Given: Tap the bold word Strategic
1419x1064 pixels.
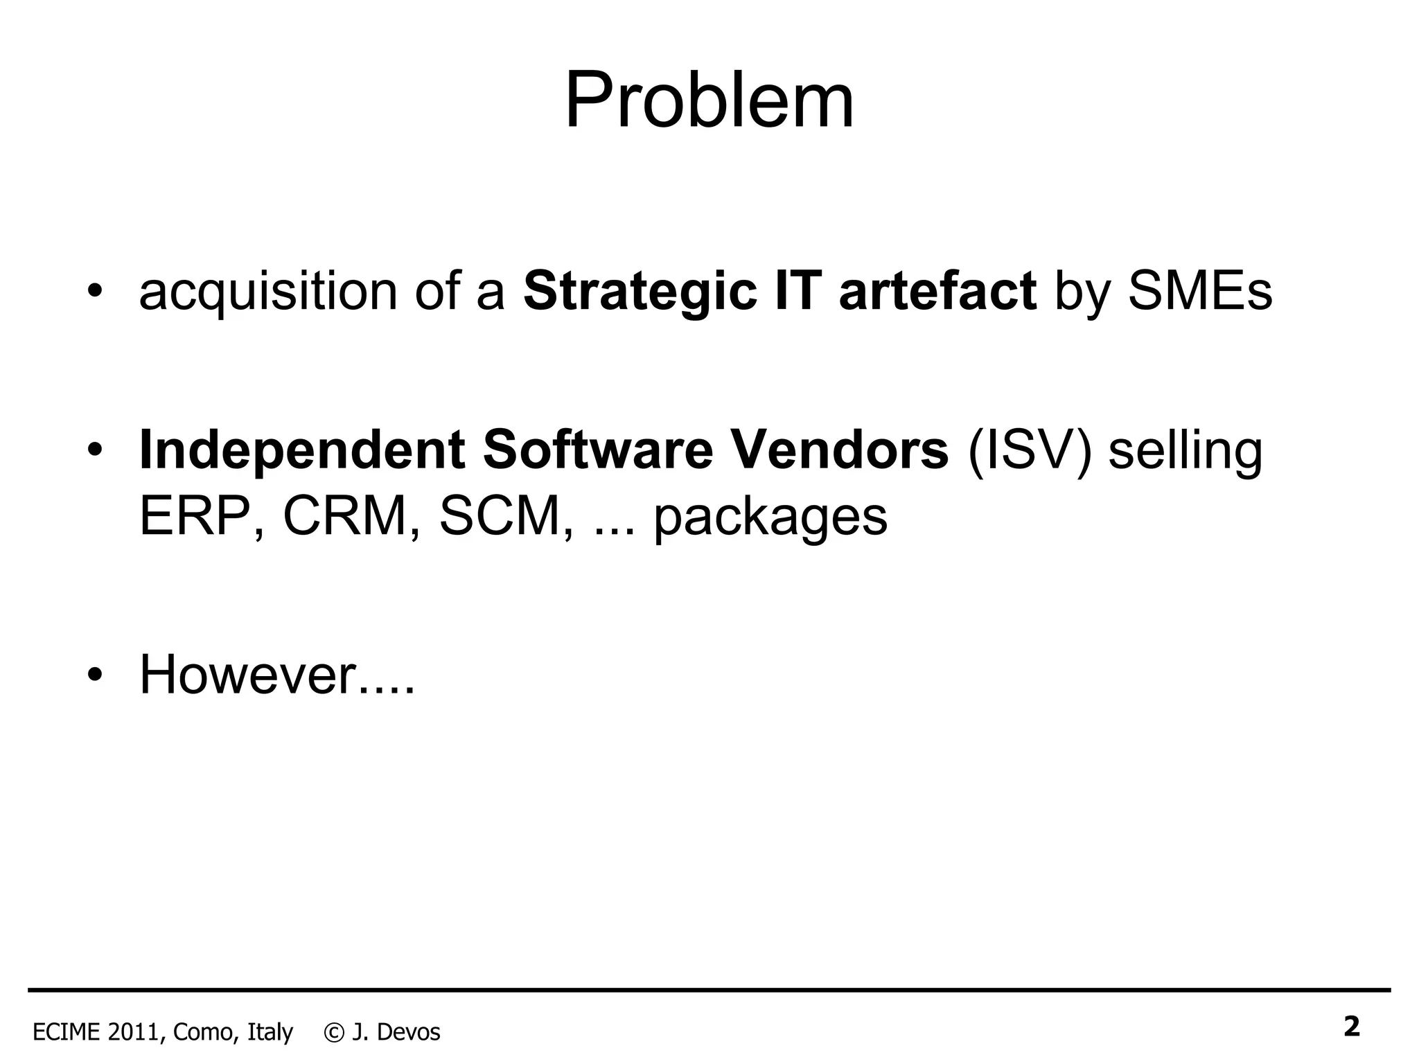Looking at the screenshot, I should pos(638,291).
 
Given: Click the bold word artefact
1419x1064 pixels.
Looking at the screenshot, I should pos(937,291).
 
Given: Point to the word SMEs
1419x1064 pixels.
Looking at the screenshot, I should pos(1200,291).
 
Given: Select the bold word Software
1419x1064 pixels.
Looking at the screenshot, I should pos(597,451).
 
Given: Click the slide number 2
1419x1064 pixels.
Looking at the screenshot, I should pos(1351,1027).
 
